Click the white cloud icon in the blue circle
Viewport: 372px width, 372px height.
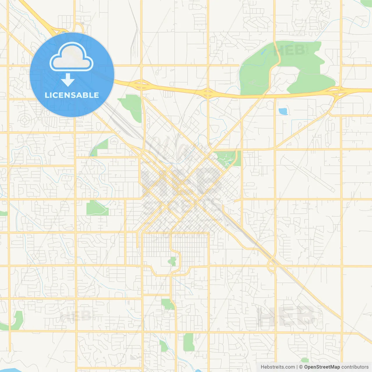(x=71, y=57)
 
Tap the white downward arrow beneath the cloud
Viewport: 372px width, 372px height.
(x=68, y=80)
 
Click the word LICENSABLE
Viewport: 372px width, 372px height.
(x=72, y=95)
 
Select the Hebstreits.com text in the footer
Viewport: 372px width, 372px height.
(x=278, y=367)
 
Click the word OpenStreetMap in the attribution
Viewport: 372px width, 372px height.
(x=322, y=367)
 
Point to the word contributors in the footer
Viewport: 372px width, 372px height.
(x=355, y=367)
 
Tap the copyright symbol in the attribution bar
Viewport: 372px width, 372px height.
(x=301, y=367)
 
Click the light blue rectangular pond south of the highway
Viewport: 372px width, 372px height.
(x=283, y=111)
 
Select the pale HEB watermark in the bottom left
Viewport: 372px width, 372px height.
(x=76, y=315)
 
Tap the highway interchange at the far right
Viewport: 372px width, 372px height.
(x=339, y=91)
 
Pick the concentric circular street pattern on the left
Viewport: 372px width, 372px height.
(x=24, y=119)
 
